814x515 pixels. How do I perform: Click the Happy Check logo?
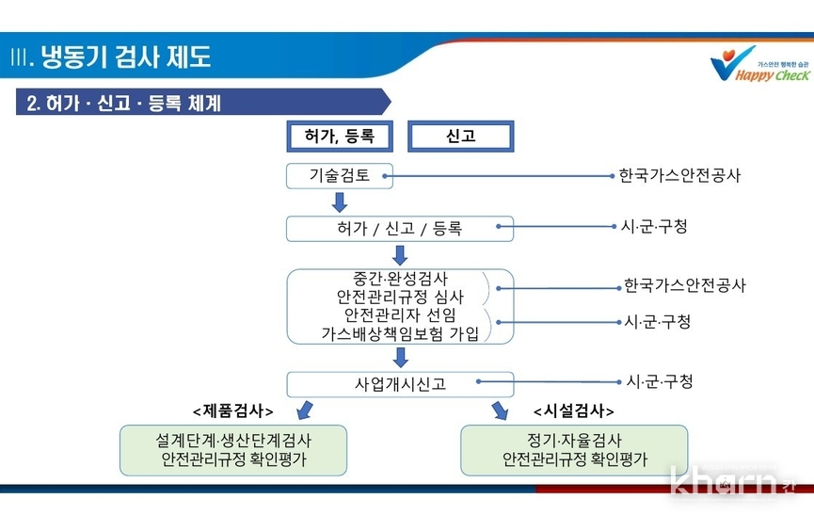click(759, 64)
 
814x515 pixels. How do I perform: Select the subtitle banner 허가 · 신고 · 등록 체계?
click(203, 102)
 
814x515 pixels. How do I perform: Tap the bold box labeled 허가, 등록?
click(340, 136)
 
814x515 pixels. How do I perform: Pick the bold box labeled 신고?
click(460, 136)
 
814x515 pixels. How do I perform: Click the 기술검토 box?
click(340, 175)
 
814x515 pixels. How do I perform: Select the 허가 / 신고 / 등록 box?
click(400, 229)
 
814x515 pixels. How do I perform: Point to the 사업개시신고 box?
click(400, 384)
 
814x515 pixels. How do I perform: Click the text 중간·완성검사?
click(400, 279)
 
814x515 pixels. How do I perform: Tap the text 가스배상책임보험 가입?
click(400, 333)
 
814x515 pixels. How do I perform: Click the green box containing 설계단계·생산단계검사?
click(233, 450)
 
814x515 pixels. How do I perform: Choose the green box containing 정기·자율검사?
click(574, 450)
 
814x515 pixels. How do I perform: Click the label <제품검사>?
click(233, 411)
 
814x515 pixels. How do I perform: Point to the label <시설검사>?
click(574, 411)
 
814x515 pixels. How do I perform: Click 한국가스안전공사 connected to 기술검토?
click(679, 175)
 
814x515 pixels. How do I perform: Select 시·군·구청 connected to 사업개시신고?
click(660, 381)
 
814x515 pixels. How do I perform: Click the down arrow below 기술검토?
click(340, 202)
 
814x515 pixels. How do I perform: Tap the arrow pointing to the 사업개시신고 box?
click(400, 358)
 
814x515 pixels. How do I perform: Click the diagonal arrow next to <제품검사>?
click(305, 410)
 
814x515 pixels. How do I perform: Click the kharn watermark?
click(732, 481)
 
